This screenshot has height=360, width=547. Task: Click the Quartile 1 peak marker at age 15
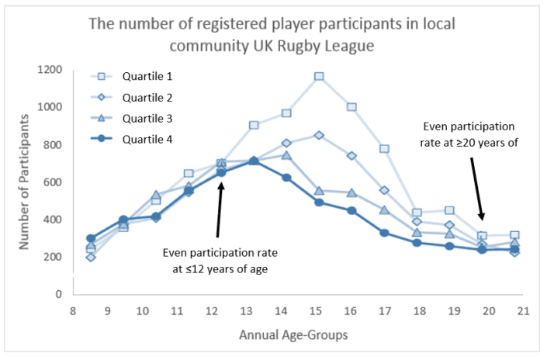point(319,76)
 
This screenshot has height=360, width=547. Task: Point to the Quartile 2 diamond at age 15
point(319,135)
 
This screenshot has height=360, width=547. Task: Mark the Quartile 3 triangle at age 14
point(286,155)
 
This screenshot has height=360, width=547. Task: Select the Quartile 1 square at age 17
point(384,148)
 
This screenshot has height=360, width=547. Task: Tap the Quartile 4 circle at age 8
point(91,238)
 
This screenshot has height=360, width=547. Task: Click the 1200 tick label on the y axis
point(52,70)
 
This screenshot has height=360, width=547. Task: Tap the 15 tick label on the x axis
point(317,311)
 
